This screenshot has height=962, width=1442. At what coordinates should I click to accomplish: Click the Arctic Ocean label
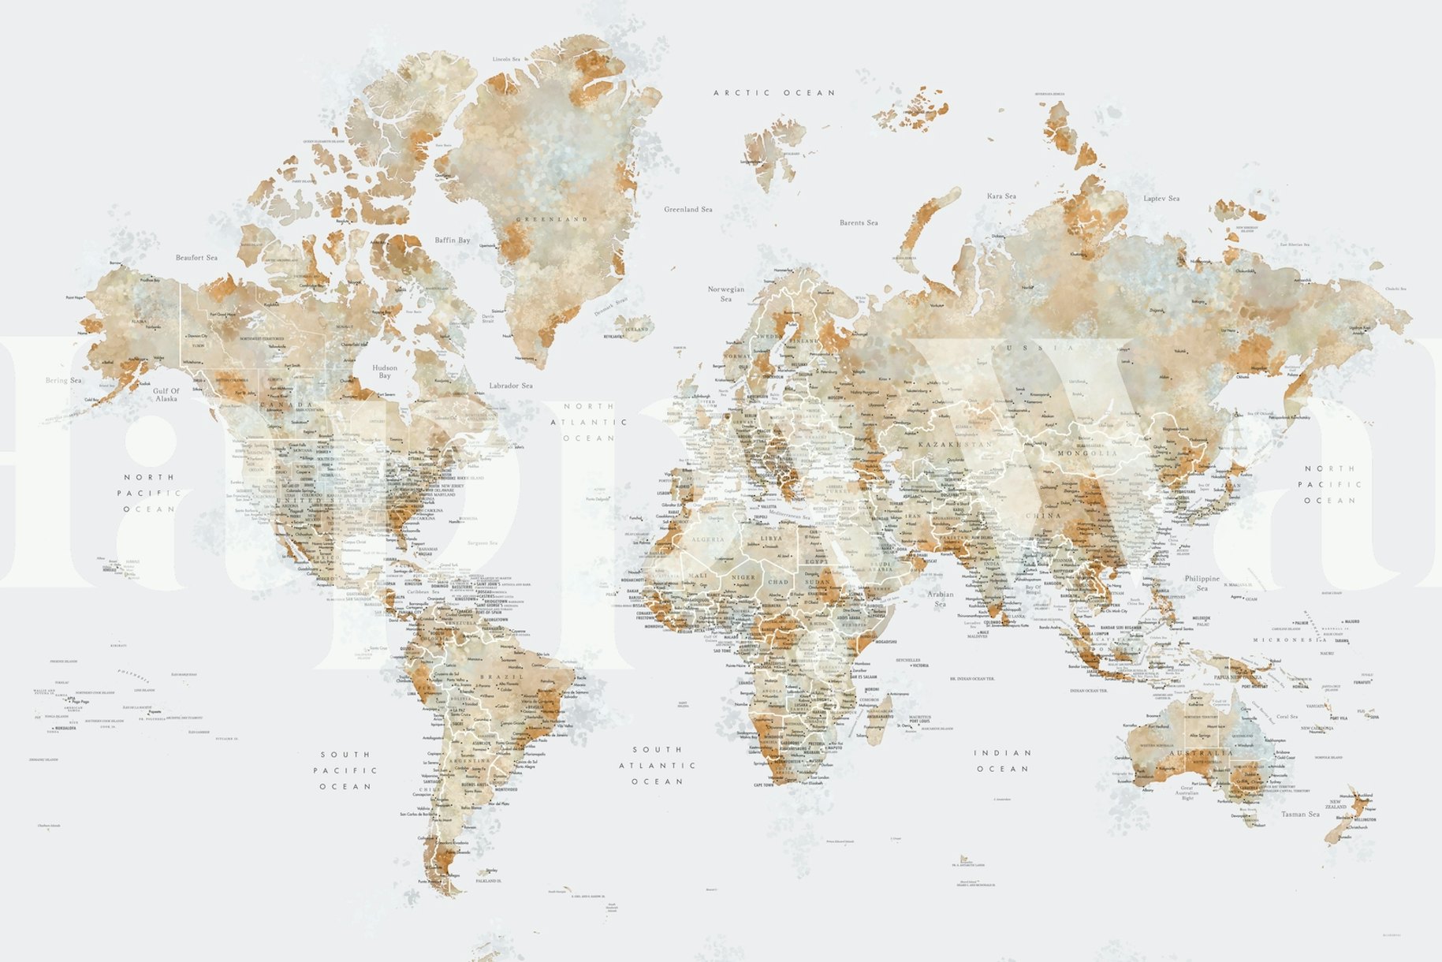click(x=773, y=93)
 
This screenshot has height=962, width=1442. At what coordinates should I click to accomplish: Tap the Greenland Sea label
click(x=687, y=210)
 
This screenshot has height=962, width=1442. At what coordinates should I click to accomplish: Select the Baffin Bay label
click(x=453, y=240)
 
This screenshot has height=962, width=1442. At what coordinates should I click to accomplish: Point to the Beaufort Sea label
click(x=196, y=258)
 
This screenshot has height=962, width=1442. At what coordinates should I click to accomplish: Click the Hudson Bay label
click(x=385, y=371)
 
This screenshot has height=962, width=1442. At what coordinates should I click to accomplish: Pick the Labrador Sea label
click(x=511, y=386)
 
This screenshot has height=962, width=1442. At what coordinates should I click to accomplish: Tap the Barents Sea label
click(x=859, y=223)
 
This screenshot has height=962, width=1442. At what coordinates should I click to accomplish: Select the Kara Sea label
click(x=1001, y=196)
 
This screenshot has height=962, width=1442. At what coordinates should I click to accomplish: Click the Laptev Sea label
click(x=1161, y=199)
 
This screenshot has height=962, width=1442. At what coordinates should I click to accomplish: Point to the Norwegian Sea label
click(x=726, y=294)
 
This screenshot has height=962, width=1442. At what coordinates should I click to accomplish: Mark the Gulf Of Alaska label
click(x=166, y=394)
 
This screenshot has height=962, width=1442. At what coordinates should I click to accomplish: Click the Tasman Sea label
click(x=1300, y=814)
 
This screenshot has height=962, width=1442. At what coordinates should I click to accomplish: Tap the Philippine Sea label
click(x=1202, y=583)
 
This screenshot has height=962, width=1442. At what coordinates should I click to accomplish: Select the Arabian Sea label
click(x=940, y=598)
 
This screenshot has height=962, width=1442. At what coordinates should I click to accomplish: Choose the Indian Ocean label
click(x=1003, y=761)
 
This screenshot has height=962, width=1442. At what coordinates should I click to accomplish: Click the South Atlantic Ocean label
click(x=657, y=766)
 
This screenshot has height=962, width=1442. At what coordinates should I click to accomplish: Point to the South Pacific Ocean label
click(x=345, y=770)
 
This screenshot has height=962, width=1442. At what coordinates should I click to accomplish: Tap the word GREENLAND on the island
click(x=552, y=219)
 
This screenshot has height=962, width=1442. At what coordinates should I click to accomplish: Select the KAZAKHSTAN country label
click(x=955, y=445)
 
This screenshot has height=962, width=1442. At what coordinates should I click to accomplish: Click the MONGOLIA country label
click(x=1087, y=453)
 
